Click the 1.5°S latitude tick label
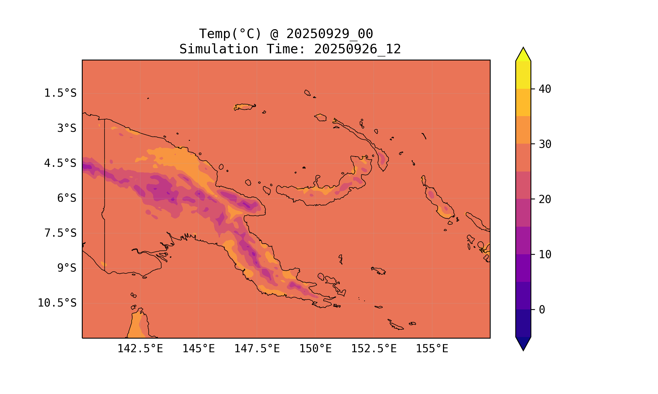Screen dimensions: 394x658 click(60, 93)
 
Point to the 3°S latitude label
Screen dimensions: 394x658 click(67, 128)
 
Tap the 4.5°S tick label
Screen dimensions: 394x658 click(60, 163)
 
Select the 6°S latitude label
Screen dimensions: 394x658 click(67, 198)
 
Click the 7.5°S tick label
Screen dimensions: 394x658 click(60, 233)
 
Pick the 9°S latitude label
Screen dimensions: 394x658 click(67, 268)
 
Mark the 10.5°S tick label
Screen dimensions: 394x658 click(57, 303)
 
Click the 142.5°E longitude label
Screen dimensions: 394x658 click(140, 349)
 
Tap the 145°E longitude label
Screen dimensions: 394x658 click(198, 349)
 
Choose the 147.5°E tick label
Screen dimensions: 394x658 click(257, 349)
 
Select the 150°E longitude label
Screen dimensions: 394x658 click(315, 349)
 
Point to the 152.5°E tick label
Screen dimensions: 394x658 click(374, 349)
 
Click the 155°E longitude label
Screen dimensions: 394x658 click(432, 349)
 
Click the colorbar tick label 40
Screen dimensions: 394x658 click(545, 89)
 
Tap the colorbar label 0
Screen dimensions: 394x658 click(542, 310)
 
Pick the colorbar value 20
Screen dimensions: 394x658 click(545, 199)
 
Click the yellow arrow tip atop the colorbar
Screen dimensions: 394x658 click(523, 54)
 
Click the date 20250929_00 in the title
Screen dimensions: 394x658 click(330, 34)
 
